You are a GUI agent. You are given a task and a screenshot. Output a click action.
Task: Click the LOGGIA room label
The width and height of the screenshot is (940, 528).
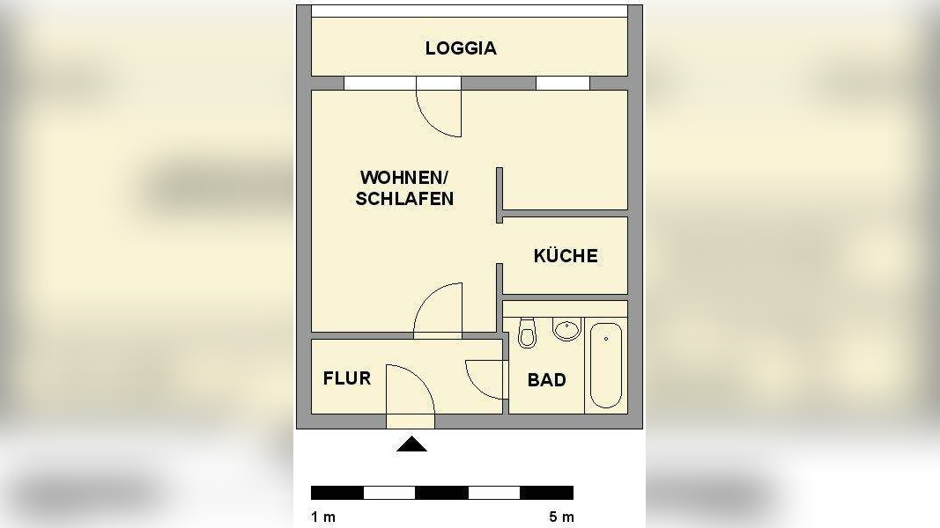tap(461, 48)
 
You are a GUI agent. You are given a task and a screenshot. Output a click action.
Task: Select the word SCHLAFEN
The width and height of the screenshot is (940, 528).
tap(404, 199)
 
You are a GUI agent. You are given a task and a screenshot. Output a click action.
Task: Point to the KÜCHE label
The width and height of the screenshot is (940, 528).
tap(566, 256)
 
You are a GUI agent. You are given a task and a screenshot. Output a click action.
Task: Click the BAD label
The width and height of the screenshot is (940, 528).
tap(546, 380)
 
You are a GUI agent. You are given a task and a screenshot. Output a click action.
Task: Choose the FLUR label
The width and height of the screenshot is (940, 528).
tap(347, 379)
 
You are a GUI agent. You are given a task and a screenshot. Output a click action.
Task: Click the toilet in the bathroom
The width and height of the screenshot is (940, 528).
tap(528, 333)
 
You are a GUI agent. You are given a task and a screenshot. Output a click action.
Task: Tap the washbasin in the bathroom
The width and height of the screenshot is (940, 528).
tap(566, 329)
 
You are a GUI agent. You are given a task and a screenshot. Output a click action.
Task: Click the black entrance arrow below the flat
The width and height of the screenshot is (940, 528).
tap(411, 445)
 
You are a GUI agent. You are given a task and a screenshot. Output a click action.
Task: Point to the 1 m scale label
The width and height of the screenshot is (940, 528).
tap(323, 517)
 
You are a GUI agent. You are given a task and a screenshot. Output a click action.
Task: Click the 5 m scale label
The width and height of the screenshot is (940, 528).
tap(561, 517)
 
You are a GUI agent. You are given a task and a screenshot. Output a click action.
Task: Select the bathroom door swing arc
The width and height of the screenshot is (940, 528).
tap(485, 379)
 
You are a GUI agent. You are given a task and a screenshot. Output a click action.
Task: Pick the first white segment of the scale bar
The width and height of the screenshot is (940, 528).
tap(389, 493)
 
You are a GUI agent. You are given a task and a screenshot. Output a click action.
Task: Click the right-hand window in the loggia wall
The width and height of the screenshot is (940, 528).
tap(563, 84)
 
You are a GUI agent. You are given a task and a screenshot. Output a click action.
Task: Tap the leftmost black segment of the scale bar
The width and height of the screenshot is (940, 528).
tap(337, 493)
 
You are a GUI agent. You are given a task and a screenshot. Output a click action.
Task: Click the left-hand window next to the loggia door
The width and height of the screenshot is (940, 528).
tap(380, 84)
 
